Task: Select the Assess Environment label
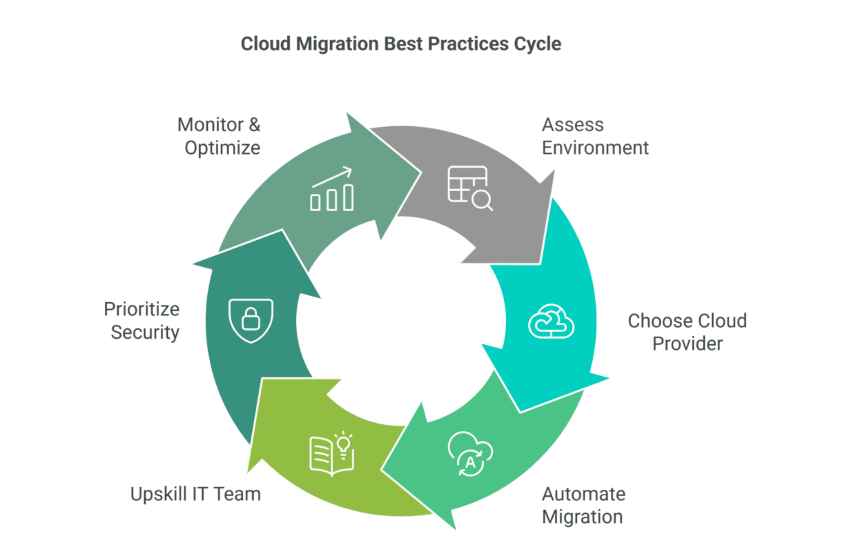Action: pyautogui.click(x=595, y=136)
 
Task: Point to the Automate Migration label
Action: pyautogui.click(x=583, y=505)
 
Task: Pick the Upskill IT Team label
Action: pyautogui.click(x=195, y=494)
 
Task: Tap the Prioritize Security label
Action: pyautogui.click(x=142, y=321)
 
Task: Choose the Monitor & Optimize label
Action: pyautogui.click(x=219, y=136)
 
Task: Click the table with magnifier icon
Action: pyautogui.click(x=469, y=188)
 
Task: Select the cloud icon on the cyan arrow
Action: pyautogui.click(x=551, y=321)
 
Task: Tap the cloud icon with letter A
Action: pyautogui.click(x=470, y=454)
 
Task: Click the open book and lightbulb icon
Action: pyautogui.click(x=331, y=454)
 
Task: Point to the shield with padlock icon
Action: pyautogui.click(x=251, y=321)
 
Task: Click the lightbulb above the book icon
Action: pyautogui.click(x=343, y=444)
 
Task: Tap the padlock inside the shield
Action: pyautogui.click(x=251, y=319)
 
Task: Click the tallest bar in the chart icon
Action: pyautogui.click(x=348, y=197)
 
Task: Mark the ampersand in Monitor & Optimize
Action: pyautogui.click(x=254, y=125)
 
